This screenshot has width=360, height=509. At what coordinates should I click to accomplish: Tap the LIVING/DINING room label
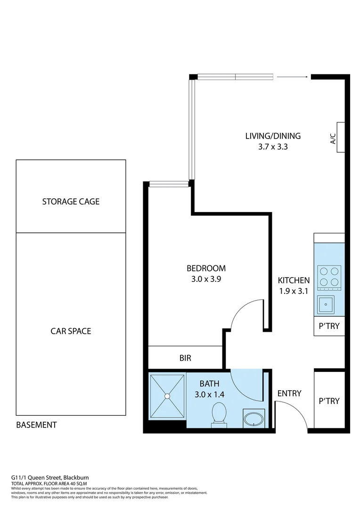[272, 136]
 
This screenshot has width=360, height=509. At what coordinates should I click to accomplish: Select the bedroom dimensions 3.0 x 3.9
[206, 279]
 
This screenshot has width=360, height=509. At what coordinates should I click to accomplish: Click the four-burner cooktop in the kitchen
[329, 277]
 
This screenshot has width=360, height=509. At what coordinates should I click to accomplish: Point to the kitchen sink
[326, 305]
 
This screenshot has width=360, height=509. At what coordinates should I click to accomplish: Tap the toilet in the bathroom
[219, 414]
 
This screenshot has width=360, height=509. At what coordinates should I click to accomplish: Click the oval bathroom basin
[254, 419]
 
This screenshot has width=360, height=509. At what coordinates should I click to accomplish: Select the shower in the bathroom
[167, 396]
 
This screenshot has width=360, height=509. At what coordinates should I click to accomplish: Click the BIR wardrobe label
[185, 358]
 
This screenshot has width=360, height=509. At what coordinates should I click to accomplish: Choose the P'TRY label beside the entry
[329, 401]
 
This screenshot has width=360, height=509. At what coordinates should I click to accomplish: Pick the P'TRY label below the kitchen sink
[329, 326]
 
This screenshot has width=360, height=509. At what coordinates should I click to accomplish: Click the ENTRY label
[289, 394]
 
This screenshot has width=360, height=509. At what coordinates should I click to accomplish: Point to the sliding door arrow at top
[292, 77]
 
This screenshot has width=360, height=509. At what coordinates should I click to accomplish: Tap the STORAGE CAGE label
[71, 202]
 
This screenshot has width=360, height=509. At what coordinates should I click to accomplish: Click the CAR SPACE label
[71, 331]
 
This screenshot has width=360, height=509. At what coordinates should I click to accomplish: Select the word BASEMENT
[36, 425]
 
